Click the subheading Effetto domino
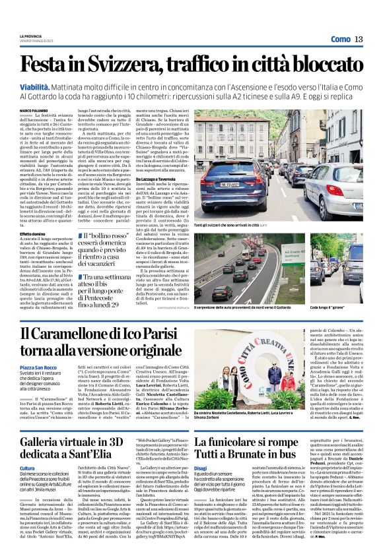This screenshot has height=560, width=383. point(32,233)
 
